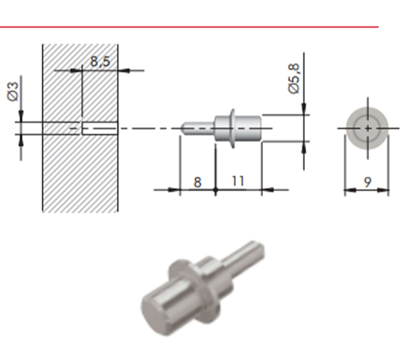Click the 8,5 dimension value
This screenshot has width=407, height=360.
pyautogui.click(x=100, y=62)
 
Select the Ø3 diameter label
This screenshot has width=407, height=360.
pyautogui.click(x=13, y=91)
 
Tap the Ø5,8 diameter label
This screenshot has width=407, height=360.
pyautogui.click(x=294, y=78)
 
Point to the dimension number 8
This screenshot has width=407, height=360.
pyautogui.click(x=198, y=182)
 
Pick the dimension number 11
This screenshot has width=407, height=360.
pyautogui.click(x=238, y=181)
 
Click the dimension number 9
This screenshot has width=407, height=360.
pyautogui.click(x=368, y=182)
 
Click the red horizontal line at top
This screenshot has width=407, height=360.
pyautogui.click(x=189, y=27)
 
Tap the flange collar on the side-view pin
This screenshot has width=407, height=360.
pyautogui.click(x=232, y=128)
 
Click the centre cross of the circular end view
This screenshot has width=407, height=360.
pyautogui.click(x=368, y=128)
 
